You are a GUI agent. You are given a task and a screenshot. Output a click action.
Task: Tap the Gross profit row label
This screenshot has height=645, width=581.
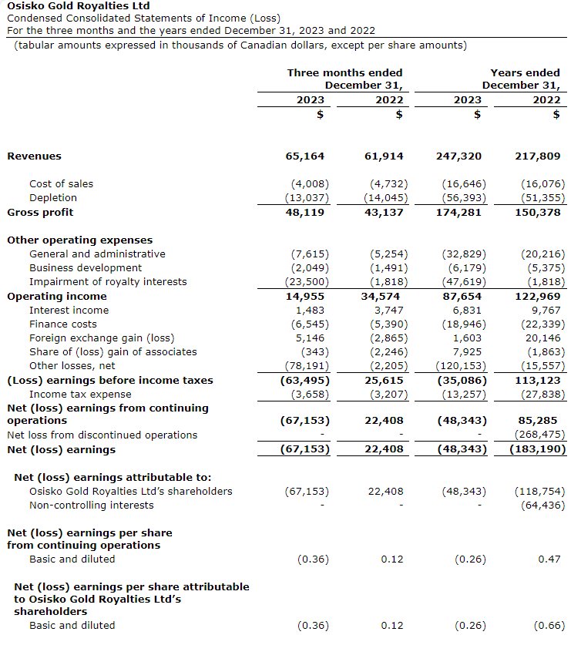pyautogui.click(x=40, y=212)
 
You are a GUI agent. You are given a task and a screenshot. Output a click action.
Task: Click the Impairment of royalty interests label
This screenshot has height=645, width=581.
pyautogui.click(x=108, y=282)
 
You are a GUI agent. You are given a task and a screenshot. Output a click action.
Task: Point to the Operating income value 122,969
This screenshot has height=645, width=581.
pyautogui.click(x=539, y=297)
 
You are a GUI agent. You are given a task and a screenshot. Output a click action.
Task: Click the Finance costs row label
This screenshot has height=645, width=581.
pyautogui.click(x=63, y=324)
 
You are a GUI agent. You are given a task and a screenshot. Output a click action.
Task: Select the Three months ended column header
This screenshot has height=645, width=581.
pyautogui.click(x=344, y=72)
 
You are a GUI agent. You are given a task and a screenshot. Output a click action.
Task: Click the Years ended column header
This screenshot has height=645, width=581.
pyautogui.click(x=525, y=72)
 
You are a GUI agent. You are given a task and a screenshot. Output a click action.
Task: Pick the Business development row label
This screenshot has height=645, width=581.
pyautogui.click(x=86, y=268)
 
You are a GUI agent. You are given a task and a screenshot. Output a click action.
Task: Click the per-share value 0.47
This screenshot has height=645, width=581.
pyautogui.click(x=549, y=559)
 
